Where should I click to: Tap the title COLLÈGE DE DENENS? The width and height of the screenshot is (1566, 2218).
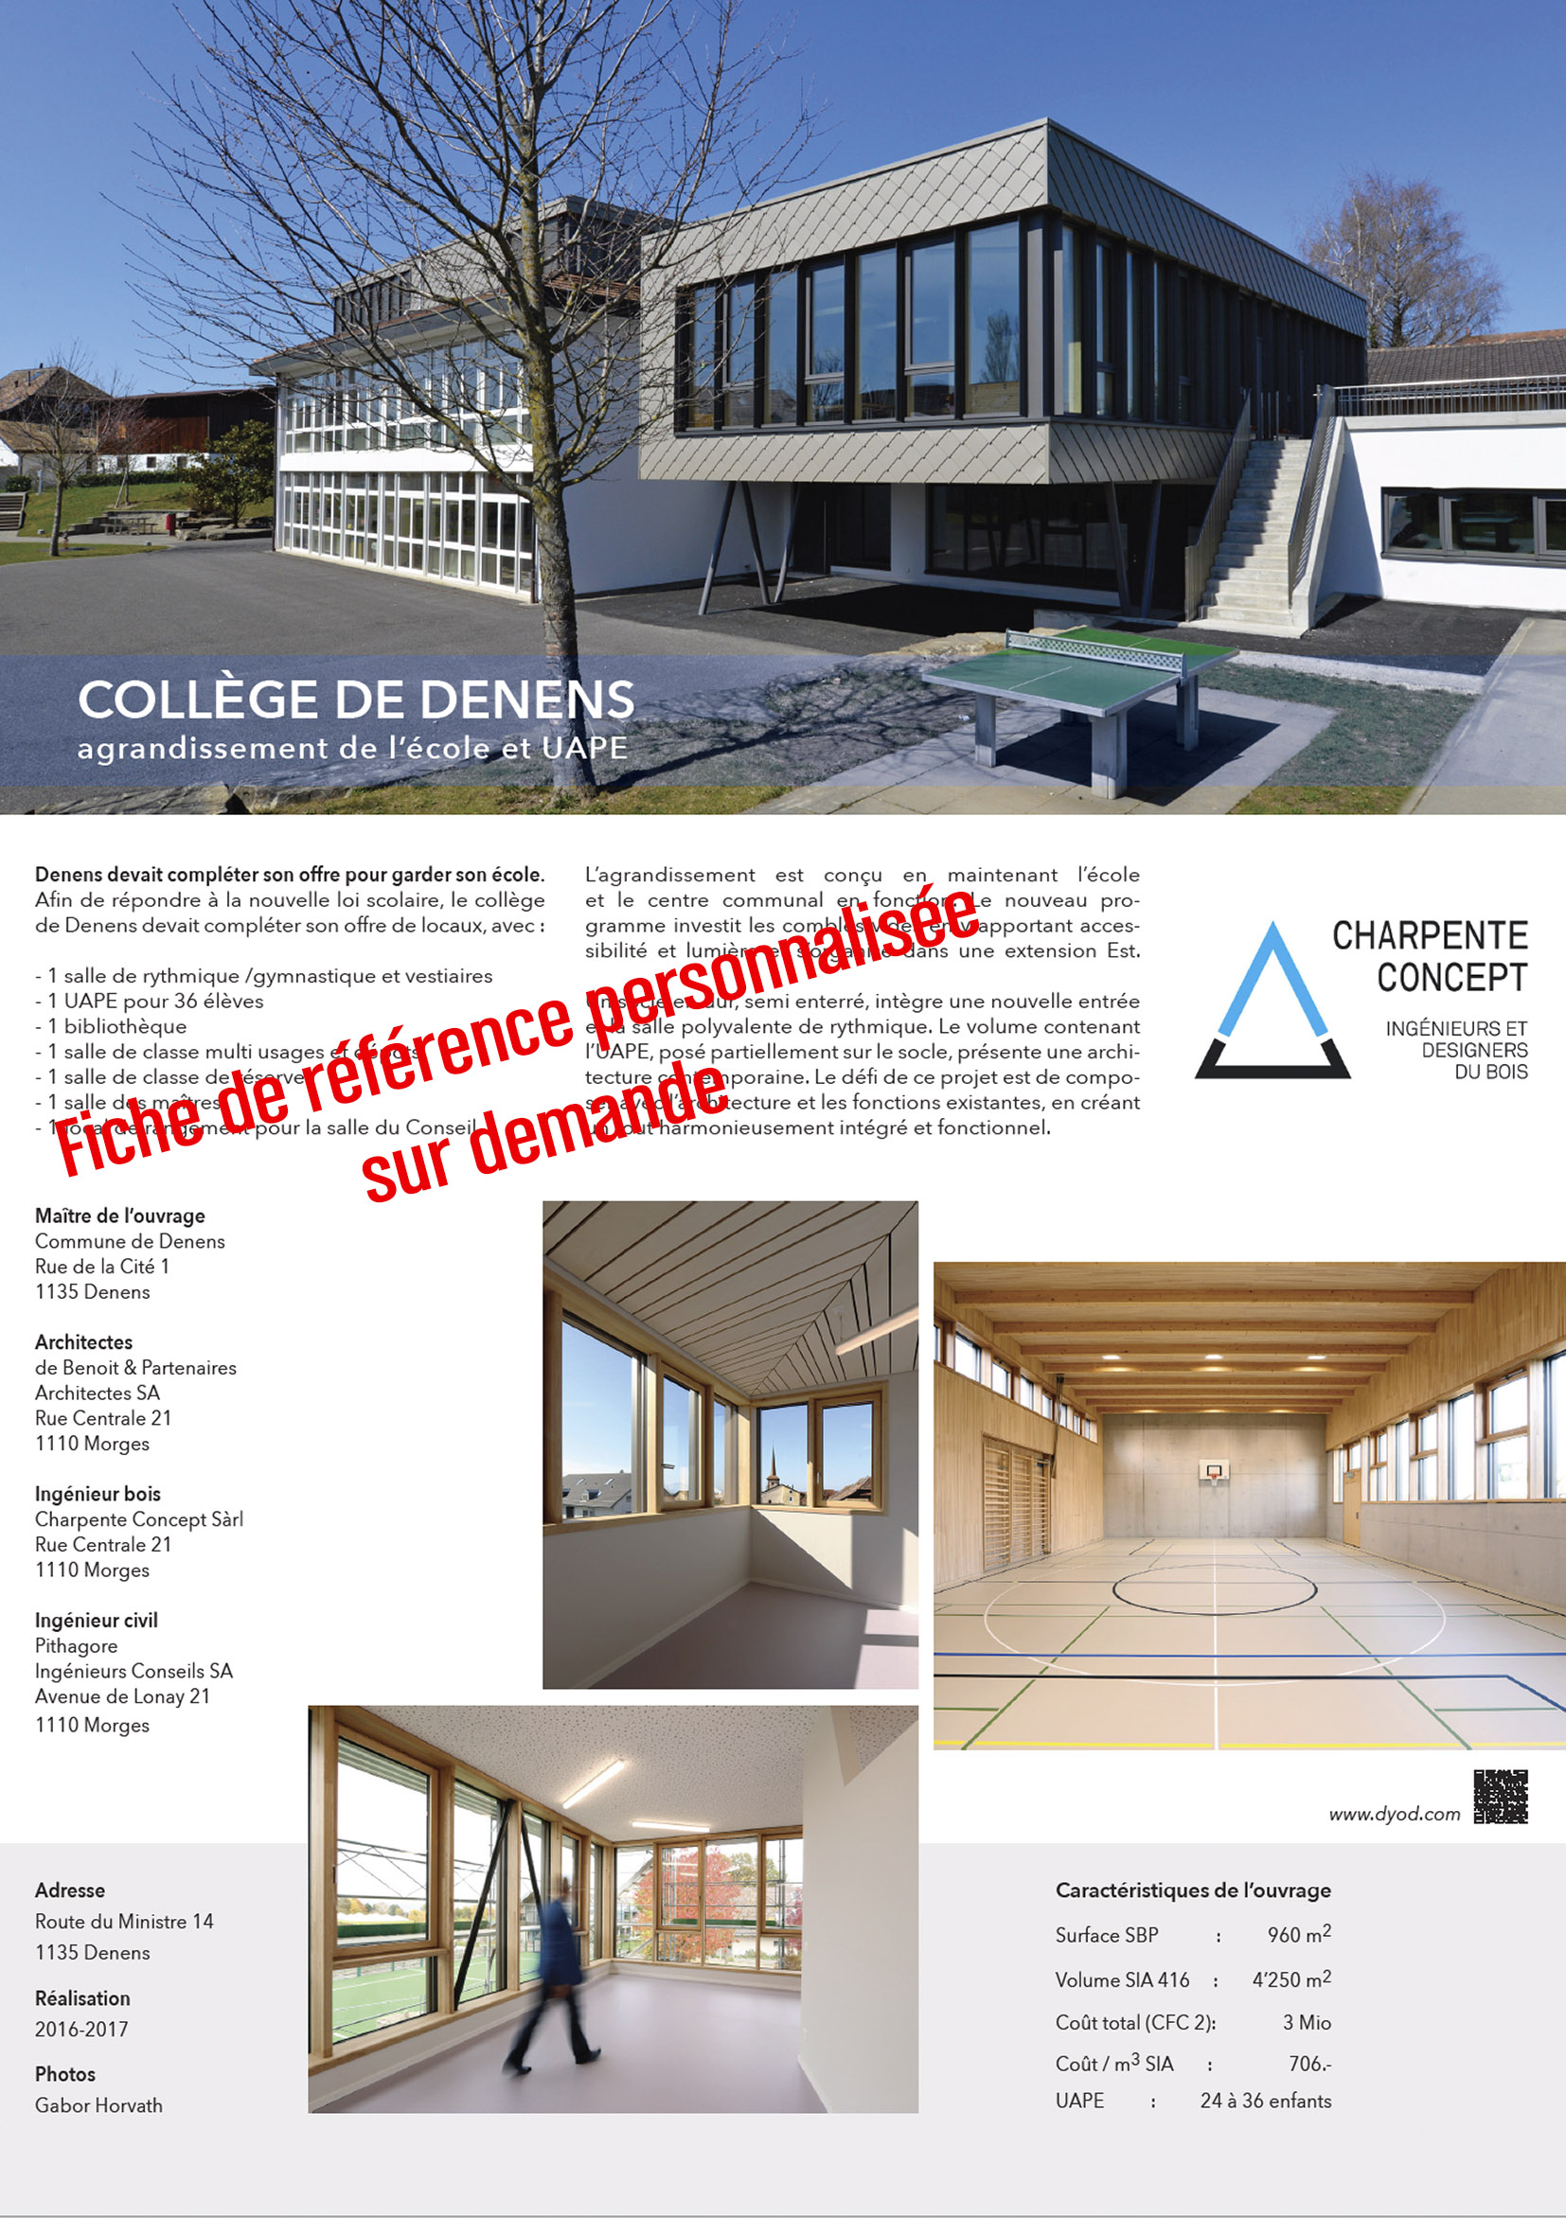[x=355, y=700]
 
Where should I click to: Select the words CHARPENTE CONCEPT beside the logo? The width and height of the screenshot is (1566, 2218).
[x=1430, y=956]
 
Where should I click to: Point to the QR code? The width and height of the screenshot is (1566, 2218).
[x=1501, y=1796]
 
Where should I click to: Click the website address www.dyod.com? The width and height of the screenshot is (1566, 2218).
[x=1394, y=1813]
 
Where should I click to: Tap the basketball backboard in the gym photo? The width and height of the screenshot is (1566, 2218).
[x=1213, y=1471]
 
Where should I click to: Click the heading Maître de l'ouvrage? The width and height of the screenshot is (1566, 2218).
[x=120, y=1215]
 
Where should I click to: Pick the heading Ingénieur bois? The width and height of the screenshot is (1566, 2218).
[x=98, y=1494]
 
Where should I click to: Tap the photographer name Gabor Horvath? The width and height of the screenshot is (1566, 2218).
[x=98, y=2105]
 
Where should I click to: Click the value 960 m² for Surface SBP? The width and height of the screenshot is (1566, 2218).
[x=1298, y=1934]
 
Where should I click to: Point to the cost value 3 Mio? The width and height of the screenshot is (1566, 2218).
[x=1307, y=2022]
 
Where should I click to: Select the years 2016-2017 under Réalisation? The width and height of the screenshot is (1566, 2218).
[x=81, y=2029]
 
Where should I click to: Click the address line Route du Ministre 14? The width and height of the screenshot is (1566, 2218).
[x=124, y=1922]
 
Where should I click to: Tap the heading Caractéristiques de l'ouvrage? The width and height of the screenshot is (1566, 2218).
[x=1192, y=1890]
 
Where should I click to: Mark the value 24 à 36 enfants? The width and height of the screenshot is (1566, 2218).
[x=1265, y=2101]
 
